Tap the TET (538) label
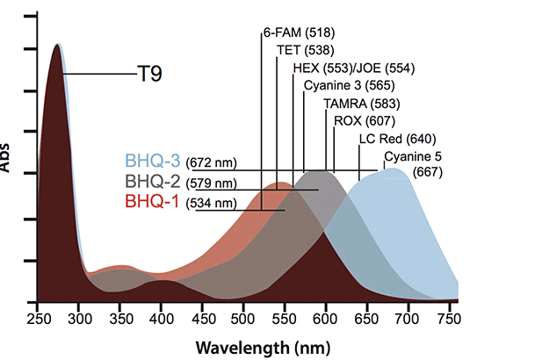point(305,50)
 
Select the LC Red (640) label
point(397,139)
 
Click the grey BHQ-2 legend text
point(152,183)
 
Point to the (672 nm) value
point(212,162)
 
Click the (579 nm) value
point(212,184)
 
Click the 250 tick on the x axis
point(38,316)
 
